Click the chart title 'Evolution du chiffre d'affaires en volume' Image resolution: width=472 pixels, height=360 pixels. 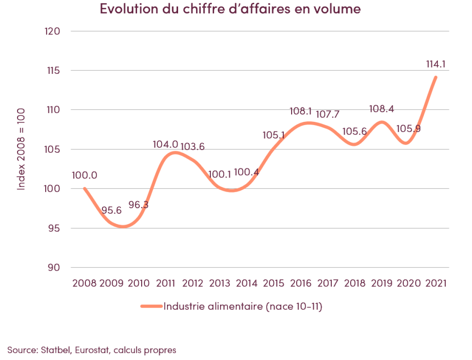[x=230, y=9]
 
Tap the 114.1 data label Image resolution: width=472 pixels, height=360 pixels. [x=435, y=64]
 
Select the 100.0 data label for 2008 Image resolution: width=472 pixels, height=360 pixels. [x=84, y=175]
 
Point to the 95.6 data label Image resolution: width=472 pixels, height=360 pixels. [x=111, y=210]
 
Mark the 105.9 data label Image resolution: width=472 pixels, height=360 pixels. [x=409, y=129]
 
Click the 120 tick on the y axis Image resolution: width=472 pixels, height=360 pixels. [x=53, y=31]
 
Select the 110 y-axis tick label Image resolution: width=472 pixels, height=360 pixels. [x=54, y=110]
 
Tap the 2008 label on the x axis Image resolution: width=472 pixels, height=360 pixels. [x=84, y=283]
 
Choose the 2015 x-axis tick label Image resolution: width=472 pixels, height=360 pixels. [x=274, y=283]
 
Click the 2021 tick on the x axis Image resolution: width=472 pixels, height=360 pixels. [x=436, y=283]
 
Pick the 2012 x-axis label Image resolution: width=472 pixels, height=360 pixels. [x=193, y=283]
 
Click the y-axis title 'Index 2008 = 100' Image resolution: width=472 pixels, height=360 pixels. [x=21, y=149]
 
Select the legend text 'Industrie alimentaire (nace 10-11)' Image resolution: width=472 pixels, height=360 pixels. [x=242, y=306]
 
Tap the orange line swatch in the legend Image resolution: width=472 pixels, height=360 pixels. [x=151, y=306]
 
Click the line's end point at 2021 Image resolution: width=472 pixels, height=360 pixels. [x=436, y=77]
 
